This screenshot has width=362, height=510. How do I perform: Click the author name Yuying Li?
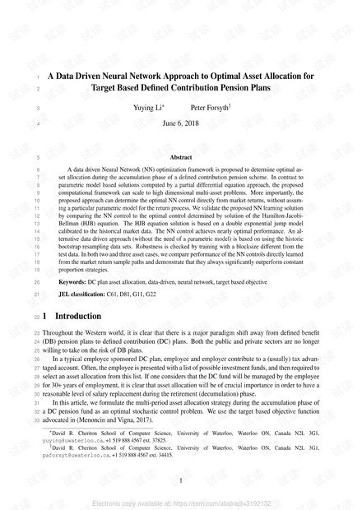tap(147, 108)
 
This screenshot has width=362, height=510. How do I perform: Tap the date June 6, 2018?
tap(181, 123)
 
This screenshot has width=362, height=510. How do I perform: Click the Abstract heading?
tap(180, 156)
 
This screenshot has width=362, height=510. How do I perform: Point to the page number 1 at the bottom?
tap(180, 480)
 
